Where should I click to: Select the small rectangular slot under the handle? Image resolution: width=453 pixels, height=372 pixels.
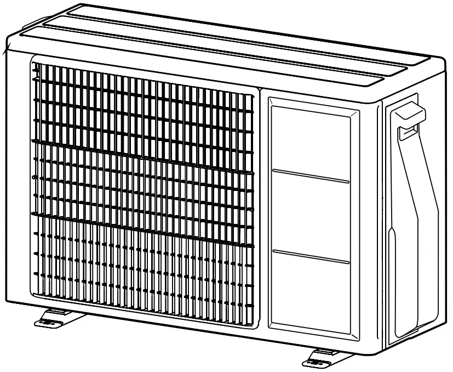(409, 130)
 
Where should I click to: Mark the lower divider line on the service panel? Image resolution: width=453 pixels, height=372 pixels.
(311, 256)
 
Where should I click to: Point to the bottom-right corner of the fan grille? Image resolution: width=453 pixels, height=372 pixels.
(254, 325)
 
